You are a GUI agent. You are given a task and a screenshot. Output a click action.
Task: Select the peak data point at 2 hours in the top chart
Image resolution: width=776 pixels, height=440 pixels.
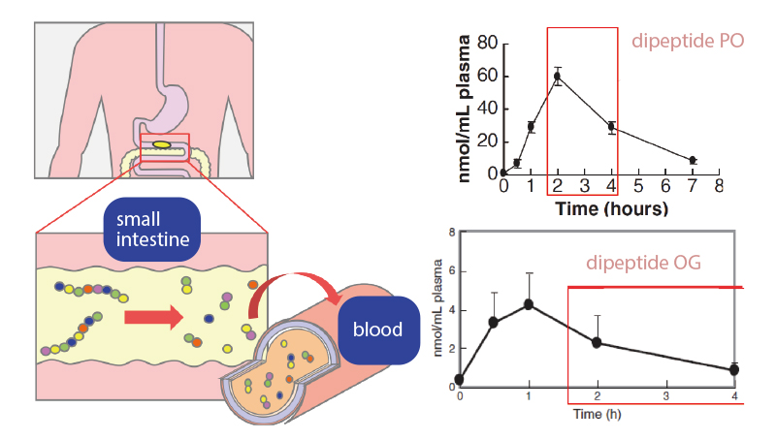pos(558,76)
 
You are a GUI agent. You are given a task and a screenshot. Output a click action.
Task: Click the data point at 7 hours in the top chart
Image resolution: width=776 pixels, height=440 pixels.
pos(693,160)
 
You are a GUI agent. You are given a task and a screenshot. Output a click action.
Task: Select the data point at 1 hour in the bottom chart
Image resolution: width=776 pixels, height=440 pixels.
pos(529,304)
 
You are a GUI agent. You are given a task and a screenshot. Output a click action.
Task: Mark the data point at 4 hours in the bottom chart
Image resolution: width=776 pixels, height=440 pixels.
pos(733,370)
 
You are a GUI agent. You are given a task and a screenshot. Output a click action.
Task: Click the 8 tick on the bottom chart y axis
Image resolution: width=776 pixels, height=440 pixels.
pos(450,235)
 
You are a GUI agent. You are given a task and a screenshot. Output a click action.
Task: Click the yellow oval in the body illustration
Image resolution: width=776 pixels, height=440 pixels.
pos(161,145)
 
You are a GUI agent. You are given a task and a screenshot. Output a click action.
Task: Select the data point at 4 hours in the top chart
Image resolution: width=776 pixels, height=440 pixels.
pos(611,126)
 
